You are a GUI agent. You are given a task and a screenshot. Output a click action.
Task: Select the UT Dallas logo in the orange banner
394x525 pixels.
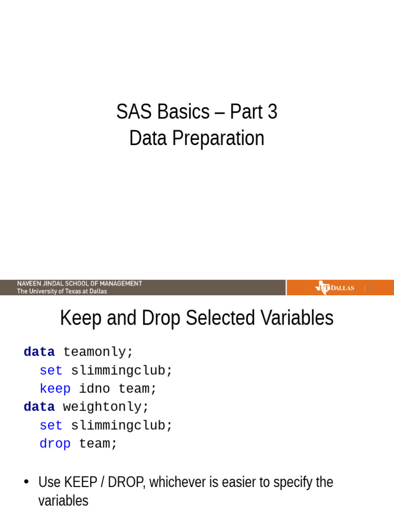click(x=334, y=288)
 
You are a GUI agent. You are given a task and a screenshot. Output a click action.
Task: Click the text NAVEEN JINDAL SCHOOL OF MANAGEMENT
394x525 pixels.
click(x=80, y=284)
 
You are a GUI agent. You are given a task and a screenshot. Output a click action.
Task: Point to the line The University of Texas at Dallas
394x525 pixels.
click(x=62, y=291)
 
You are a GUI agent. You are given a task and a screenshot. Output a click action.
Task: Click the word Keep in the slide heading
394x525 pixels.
click(x=77, y=318)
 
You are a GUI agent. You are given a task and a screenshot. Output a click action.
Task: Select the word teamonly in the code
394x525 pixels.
click(x=98, y=352)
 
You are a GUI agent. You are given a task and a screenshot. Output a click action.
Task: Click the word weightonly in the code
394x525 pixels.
click(x=106, y=407)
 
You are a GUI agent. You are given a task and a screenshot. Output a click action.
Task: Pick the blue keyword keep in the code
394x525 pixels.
click(x=55, y=389)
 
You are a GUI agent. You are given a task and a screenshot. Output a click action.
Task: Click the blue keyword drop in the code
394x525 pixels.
click(x=55, y=443)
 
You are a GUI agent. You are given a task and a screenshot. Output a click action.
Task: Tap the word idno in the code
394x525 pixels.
click(x=94, y=389)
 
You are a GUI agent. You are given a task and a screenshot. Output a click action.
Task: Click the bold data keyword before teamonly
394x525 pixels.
click(x=39, y=352)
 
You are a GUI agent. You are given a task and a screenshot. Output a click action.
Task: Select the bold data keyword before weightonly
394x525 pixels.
click(x=39, y=407)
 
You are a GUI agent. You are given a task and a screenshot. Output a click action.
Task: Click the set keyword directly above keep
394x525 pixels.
click(x=51, y=370)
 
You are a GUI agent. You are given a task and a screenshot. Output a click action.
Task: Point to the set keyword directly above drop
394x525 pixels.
click(x=51, y=426)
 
